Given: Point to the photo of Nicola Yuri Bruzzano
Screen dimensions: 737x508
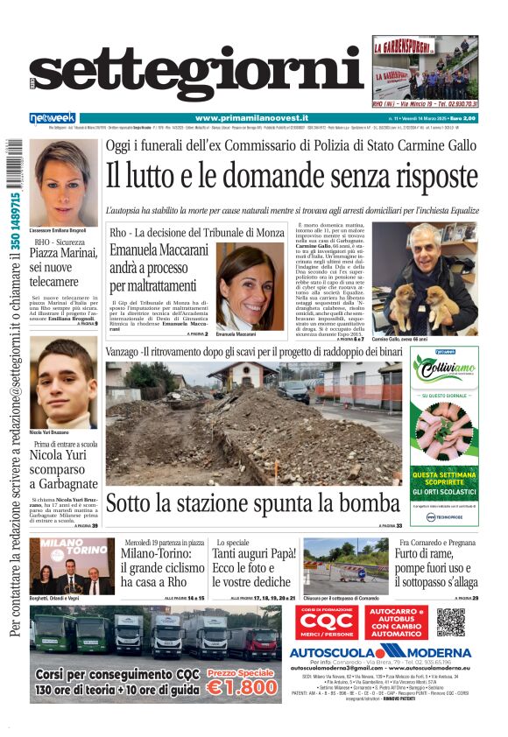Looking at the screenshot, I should pyautogui.click(x=63, y=383).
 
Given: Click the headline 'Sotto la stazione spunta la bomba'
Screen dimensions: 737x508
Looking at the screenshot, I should pyautogui.click(x=252, y=503).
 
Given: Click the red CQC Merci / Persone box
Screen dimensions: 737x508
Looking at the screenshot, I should pyautogui.click(x=325, y=621).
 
